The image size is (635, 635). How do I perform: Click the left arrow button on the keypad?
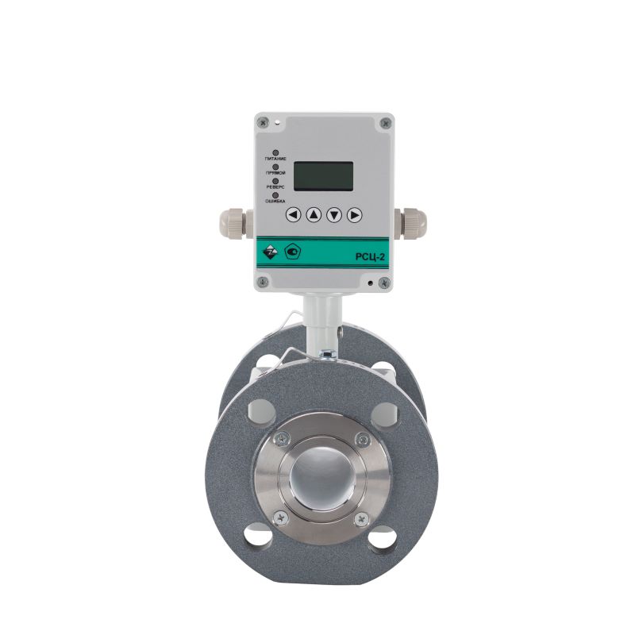coord(293,214)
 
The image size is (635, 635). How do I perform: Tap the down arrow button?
coord(334,214)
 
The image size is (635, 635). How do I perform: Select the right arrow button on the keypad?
coord(354,214)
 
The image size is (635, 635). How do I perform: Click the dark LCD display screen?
coord(323,176)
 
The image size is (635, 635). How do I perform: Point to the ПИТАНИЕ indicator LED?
coord(275,152)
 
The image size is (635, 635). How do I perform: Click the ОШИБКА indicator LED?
coord(275,195)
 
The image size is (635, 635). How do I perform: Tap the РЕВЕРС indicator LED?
coord(275,181)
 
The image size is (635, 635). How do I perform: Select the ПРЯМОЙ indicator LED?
coord(275,167)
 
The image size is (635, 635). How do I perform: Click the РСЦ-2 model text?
coord(370,256)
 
